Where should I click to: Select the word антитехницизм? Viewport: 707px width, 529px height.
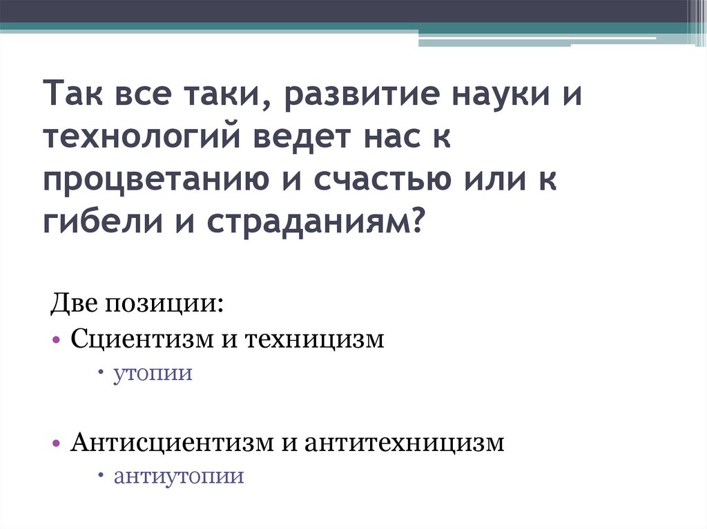click(x=403, y=442)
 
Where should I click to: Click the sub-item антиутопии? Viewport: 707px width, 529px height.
click(x=179, y=477)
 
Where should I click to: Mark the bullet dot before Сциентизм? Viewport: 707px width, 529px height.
click(x=55, y=341)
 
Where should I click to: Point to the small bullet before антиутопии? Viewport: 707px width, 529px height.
click(x=101, y=476)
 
